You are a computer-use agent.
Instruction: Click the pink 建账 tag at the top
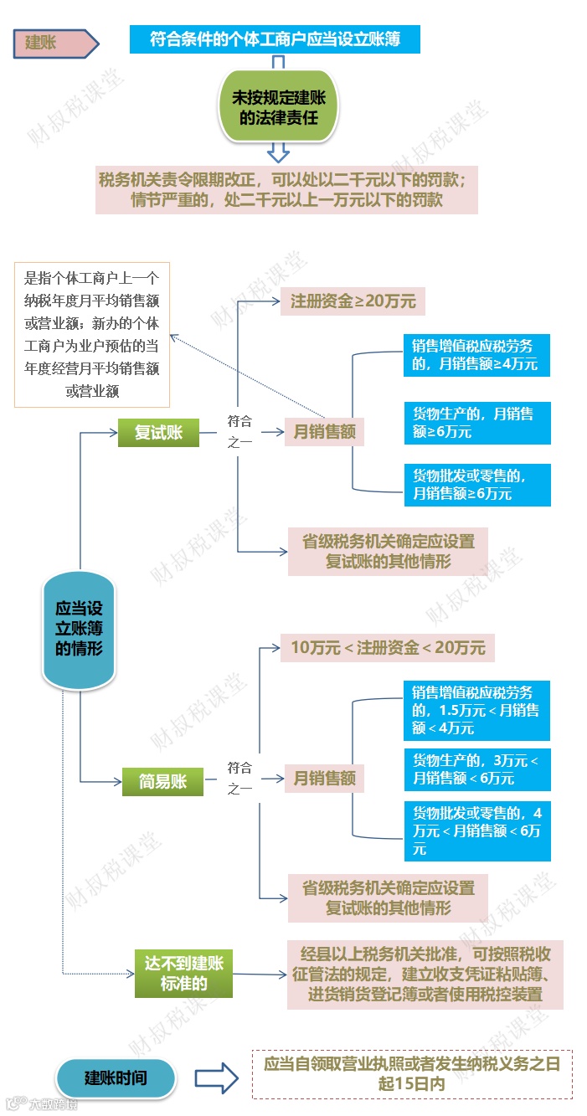tap(54, 43)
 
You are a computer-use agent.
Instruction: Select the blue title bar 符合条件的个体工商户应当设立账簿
tap(275, 39)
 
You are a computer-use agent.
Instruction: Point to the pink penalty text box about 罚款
tap(286, 189)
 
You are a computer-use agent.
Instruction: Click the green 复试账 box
tap(158, 433)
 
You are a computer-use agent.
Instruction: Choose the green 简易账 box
tap(162, 782)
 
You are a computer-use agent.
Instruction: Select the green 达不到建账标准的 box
tap(183, 974)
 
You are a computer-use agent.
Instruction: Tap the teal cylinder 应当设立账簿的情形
tap(79, 629)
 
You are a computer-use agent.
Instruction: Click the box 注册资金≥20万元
tap(353, 301)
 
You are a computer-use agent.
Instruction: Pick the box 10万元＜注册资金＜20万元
tap(388, 647)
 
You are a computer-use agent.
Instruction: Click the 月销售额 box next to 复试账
tap(324, 432)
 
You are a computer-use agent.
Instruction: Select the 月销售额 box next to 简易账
tap(324, 779)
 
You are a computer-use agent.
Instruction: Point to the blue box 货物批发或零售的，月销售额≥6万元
tap(476, 485)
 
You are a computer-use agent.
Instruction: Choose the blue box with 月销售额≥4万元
tap(476, 355)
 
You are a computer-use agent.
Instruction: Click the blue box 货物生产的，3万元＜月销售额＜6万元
tap(476, 769)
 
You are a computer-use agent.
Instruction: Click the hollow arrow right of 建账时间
tap(217, 1078)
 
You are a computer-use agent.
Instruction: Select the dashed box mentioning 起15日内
tap(411, 1074)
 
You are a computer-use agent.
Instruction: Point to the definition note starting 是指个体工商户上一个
tap(91, 335)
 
